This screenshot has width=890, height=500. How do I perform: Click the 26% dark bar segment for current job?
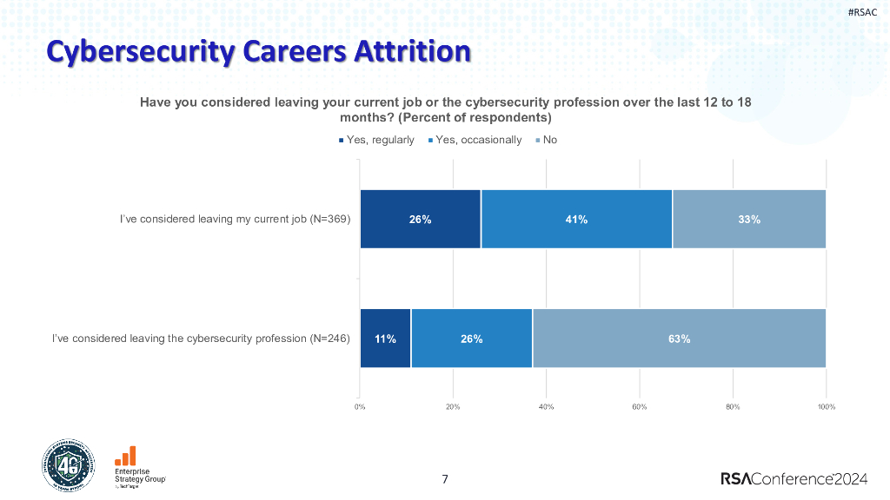(x=421, y=220)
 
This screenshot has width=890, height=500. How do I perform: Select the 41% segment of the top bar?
(x=576, y=220)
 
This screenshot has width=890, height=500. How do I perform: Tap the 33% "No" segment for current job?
(x=749, y=220)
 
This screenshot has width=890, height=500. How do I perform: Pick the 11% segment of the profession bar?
(x=385, y=339)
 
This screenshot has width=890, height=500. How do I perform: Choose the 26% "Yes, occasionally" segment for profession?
(x=472, y=339)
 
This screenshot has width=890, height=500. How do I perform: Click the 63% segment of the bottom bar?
(x=679, y=339)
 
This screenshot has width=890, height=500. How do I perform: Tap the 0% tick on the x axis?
(x=360, y=406)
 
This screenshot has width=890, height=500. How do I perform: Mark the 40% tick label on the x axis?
(x=546, y=406)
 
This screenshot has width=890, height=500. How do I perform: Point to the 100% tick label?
(x=826, y=406)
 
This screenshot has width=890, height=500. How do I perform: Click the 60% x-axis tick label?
(x=639, y=406)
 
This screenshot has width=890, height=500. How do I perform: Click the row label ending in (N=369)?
(x=235, y=220)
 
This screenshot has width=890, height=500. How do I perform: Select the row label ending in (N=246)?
(x=201, y=339)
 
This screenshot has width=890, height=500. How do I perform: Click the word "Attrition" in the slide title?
(x=410, y=51)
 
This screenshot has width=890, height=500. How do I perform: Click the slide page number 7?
(x=445, y=479)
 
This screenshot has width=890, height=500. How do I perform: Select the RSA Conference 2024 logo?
(x=794, y=478)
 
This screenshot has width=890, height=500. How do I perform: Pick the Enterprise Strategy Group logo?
(x=139, y=470)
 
